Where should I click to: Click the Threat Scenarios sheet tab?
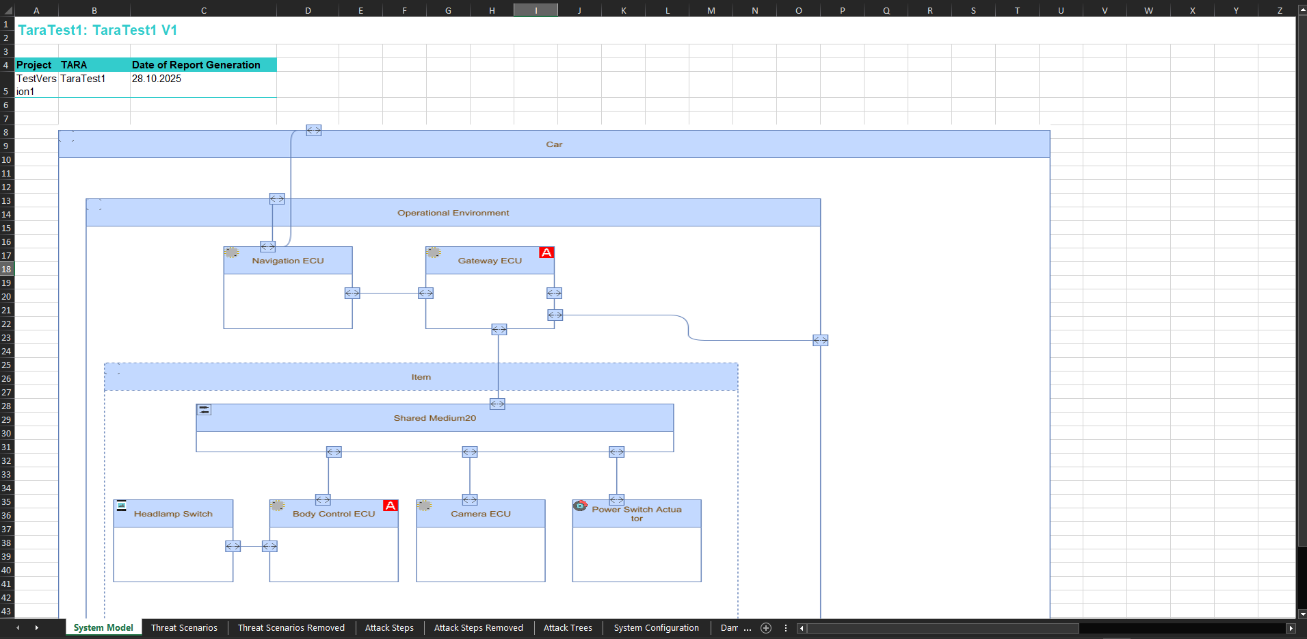click(184, 627)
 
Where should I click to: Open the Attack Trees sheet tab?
click(568, 627)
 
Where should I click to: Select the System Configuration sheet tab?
click(656, 627)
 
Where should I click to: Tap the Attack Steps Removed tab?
click(478, 627)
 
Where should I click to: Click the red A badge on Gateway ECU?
click(546, 252)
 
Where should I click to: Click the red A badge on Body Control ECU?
click(391, 506)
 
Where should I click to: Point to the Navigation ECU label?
click(288, 261)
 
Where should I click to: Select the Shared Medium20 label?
click(435, 418)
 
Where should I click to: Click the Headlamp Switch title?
click(173, 514)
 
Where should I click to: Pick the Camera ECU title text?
click(481, 514)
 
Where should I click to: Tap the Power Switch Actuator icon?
click(580, 506)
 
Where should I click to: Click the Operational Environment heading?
click(453, 213)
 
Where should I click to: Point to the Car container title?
click(554, 144)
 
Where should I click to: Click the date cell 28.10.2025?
click(157, 79)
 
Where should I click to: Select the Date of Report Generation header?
click(196, 65)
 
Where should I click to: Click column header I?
click(536, 10)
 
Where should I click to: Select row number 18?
click(6, 269)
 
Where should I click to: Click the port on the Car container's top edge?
click(314, 130)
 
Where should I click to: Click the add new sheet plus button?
click(766, 628)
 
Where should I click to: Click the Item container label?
click(421, 377)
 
